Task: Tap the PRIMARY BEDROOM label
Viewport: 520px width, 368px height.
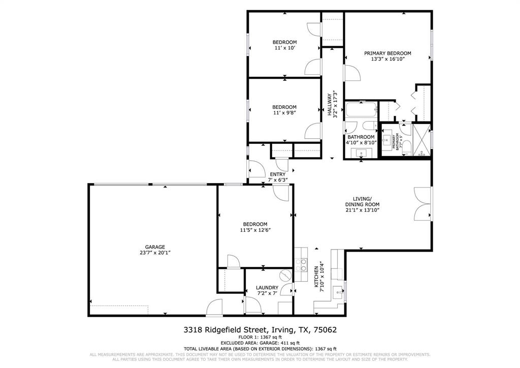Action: point(387,53)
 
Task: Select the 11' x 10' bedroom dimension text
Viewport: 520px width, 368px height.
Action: point(284,48)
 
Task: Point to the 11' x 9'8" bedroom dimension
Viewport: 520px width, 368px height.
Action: point(284,113)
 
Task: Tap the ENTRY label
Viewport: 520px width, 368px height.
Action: point(277,174)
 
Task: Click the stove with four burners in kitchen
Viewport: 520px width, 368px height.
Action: point(301,265)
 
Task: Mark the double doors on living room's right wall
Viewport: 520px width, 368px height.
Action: point(422,204)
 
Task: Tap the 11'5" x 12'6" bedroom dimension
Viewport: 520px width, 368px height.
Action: point(255,230)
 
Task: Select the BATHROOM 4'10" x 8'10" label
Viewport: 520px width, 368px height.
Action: point(361,140)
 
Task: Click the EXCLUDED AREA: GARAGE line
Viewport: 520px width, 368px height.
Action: point(259,343)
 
